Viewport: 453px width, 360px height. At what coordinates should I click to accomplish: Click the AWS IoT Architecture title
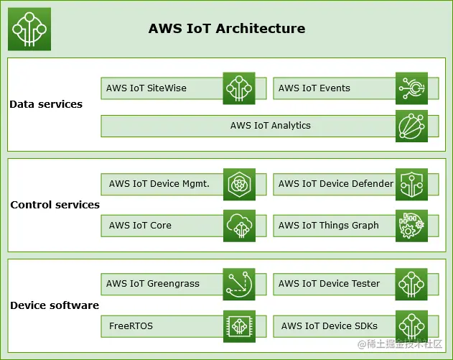pyautogui.click(x=227, y=29)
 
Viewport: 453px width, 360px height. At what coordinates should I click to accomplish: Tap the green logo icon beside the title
pyautogui.click(x=29, y=29)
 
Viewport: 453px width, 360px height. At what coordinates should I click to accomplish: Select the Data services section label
pyautogui.click(x=46, y=104)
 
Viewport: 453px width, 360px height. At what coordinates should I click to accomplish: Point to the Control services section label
pyautogui.click(x=55, y=205)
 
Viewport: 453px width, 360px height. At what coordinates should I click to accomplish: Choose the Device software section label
pyautogui.click(x=55, y=305)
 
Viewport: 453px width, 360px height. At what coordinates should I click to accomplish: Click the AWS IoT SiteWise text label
pyautogui.click(x=146, y=88)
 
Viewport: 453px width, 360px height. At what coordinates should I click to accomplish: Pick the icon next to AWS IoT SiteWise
pyautogui.click(x=239, y=88)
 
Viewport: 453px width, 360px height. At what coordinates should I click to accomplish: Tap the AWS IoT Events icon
pyautogui.click(x=411, y=88)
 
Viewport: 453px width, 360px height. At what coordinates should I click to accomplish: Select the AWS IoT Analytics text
pyautogui.click(x=271, y=126)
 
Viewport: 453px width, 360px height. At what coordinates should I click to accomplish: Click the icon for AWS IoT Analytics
pyautogui.click(x=411, y=126)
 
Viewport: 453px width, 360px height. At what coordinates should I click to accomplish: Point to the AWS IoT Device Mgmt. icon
pyautogui.click(x=239, y=185)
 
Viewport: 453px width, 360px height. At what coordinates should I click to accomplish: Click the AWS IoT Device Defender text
pyautogui.click(x=336, y=184)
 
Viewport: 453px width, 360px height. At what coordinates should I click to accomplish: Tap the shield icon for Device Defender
pyautogui.click(x=411, y=185)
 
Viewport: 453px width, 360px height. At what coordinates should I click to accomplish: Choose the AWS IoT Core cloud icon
pyautogui.click(x=239, y=226)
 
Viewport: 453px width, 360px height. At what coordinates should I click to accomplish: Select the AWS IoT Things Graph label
pyautogui.click(x=329, y=226)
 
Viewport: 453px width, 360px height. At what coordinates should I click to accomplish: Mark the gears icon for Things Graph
pyautogui.click(x=411, y=226)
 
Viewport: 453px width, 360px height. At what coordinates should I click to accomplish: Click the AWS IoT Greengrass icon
pyautogui.click(x=239, y=284)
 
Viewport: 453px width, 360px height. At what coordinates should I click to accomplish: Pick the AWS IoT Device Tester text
pyautogui.click(x=330, y=284)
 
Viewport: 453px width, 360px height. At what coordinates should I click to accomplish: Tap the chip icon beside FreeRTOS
pyautogui.click(x=239, y=326)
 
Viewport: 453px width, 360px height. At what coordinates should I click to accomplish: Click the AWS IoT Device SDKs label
pyautogui.click(x=330, y=326)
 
